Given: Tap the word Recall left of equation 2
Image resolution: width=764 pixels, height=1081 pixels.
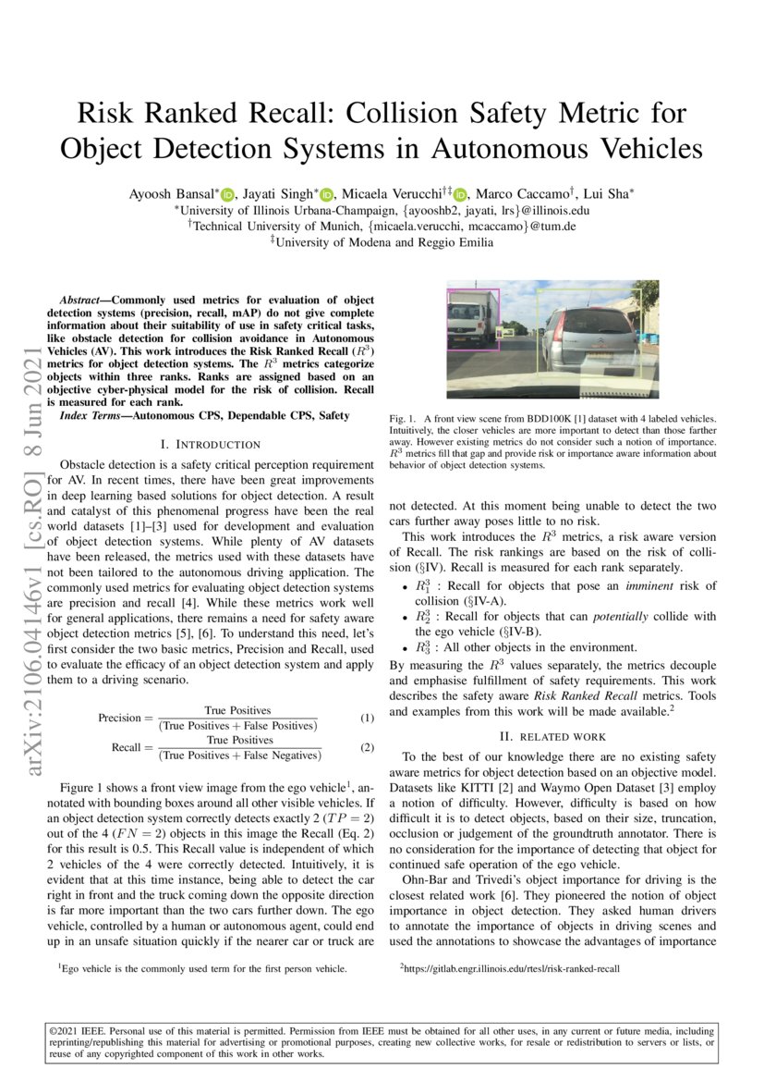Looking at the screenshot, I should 126,747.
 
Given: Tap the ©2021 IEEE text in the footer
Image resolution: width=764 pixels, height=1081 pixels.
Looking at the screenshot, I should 76,1030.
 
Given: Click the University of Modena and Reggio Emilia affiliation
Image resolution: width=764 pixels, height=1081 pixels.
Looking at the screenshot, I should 386,242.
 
